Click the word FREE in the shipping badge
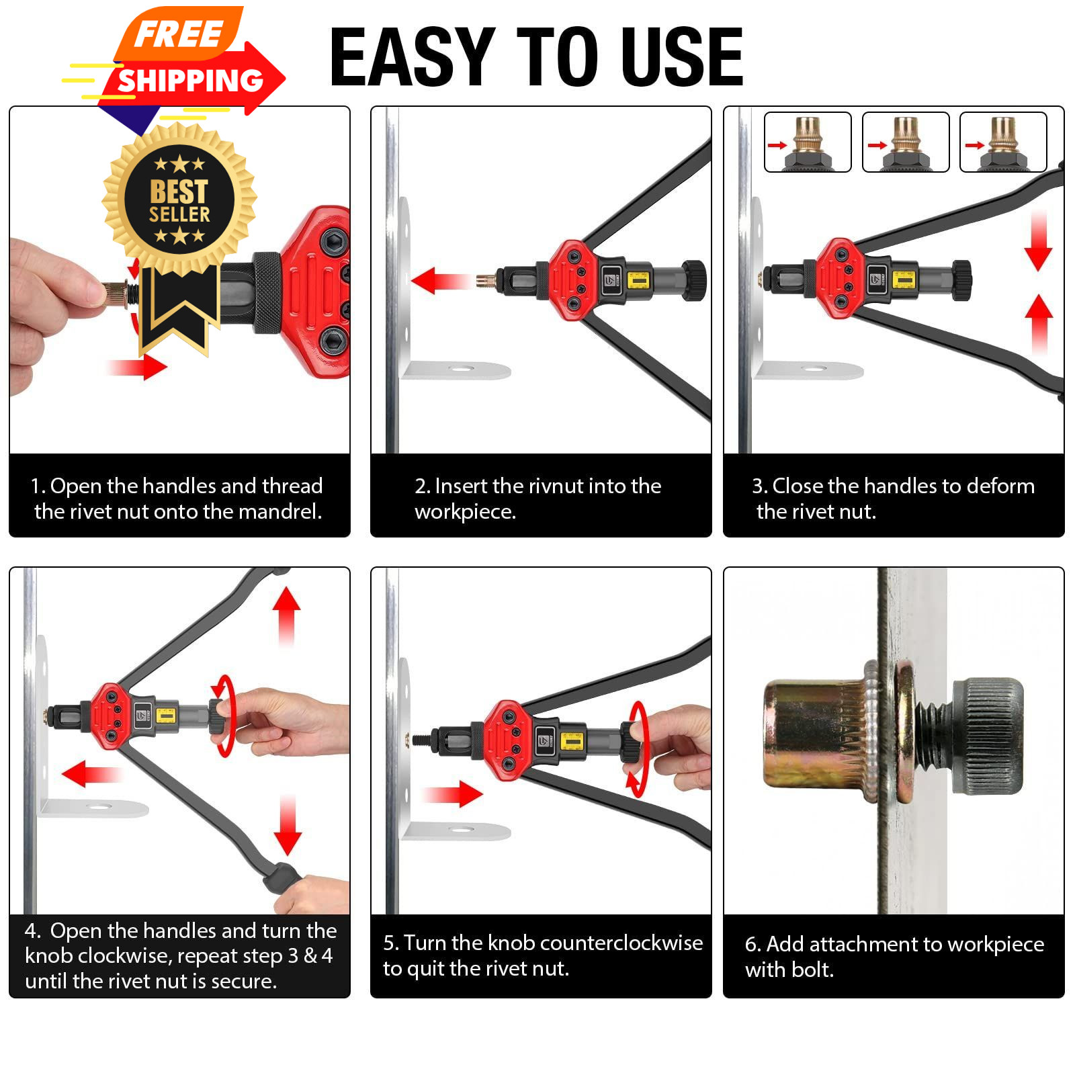(178, 34)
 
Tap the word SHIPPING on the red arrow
(190, 81)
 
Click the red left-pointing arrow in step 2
(439, 281)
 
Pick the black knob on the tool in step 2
(694, 280)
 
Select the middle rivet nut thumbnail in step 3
(905, 142)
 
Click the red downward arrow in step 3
(1039, 240)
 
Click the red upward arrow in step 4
(287, 617)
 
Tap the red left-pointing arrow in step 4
(91, 774)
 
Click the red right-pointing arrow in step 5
(453, 793)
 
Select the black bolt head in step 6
(988, 736)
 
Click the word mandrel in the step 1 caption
(279, 512)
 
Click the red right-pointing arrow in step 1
(136, 367)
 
